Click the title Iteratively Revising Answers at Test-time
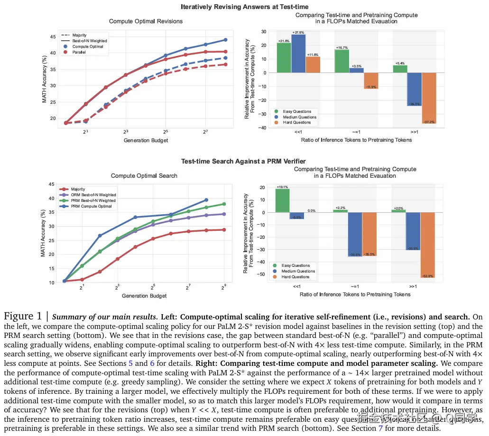click(244, 7)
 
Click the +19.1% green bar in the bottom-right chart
click(282, 200)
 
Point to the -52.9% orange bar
click(428, 245)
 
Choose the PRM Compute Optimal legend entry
click(91, 206)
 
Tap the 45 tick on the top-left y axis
click(52, 36)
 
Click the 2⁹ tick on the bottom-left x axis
click(223, 287)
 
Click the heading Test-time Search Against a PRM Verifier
click(243, 162)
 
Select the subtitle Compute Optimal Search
click(144, 175)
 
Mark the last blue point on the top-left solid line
click(225, 40)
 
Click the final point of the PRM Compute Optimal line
click(206, 200)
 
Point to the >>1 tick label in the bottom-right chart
click(413, 287)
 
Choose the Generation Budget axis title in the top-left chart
click(146, 140)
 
